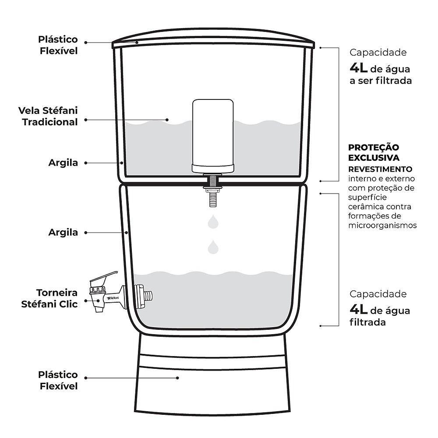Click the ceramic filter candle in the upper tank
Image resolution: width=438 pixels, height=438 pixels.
[x=213, y=136]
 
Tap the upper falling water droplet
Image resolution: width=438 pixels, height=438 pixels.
[x=213, y=222]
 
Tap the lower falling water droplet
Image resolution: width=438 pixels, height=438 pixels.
[x=213, y=247]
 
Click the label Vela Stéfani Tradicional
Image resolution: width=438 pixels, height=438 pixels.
[x=48, y=116]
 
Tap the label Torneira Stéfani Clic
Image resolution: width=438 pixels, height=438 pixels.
[x=49, y=298]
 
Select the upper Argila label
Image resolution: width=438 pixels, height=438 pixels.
[x=63, y=163]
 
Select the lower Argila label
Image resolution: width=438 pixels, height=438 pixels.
[x=63, y=233]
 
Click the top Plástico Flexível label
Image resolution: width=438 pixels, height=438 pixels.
[x=58, y=45]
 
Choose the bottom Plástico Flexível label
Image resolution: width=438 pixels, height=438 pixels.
[x=58, y=380]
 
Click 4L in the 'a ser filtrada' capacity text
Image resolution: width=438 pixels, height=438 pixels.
[x=358, y=68]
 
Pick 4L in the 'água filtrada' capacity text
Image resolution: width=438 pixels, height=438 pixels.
[x=358, y=310]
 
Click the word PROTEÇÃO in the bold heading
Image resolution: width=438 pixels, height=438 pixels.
[x=374, y=147]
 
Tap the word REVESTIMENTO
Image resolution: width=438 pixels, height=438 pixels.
[x=380, y=169]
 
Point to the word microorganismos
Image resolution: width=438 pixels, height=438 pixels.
[x=382, y=226]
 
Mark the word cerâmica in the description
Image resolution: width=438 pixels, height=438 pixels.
[x=362, y=207]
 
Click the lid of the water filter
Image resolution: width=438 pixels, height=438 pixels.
[x=213, y=38]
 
